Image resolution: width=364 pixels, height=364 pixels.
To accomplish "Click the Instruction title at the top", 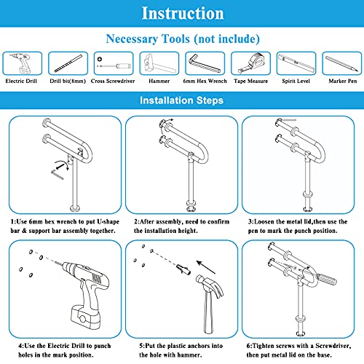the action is click(183, 13).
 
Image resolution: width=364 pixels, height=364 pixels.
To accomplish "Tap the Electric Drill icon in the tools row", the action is click(22, 63).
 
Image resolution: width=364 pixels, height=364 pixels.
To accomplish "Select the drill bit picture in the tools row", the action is click(68, 63).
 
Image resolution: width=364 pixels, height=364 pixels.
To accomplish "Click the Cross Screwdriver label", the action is click(113, 81).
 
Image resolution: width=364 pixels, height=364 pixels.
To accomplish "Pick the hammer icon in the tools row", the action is click(159, 63).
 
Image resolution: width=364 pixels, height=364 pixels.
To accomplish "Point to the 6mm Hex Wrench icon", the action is click(205, 63).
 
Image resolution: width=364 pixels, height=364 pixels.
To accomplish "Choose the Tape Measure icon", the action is click(250, 63).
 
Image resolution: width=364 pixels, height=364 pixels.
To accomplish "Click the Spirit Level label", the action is click(296, 81).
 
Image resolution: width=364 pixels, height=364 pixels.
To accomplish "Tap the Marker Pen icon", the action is click(341, 63).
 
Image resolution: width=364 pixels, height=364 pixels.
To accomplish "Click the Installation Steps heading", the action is click(181, 100).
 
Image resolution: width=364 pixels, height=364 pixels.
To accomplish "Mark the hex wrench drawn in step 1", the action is click(58, 175).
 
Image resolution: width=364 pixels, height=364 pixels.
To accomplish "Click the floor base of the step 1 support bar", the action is click(75, 208).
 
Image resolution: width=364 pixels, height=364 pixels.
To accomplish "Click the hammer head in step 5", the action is click(210, 286).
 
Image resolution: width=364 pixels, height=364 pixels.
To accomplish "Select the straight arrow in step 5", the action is click(206, 267).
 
